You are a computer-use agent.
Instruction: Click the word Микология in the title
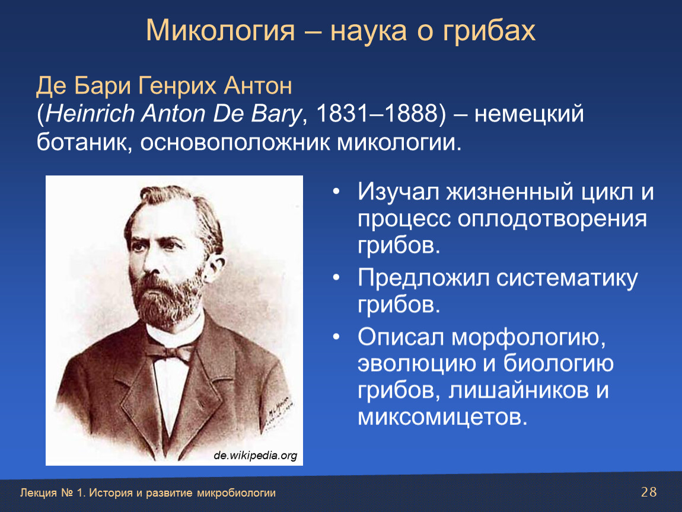[220, 31]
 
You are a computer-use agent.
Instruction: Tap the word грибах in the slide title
[489, 31]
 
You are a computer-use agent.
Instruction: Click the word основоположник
[235, 143]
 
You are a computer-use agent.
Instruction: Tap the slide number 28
[649, 492]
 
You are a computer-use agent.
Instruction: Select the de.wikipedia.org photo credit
[256, 456]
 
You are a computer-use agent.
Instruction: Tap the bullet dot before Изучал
[336, 191]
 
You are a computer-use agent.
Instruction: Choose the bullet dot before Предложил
[336, 278]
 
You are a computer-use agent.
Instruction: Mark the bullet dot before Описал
[336, 337]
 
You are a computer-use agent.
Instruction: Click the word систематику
[567, 279]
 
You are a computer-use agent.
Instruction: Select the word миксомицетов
[442, 417]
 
